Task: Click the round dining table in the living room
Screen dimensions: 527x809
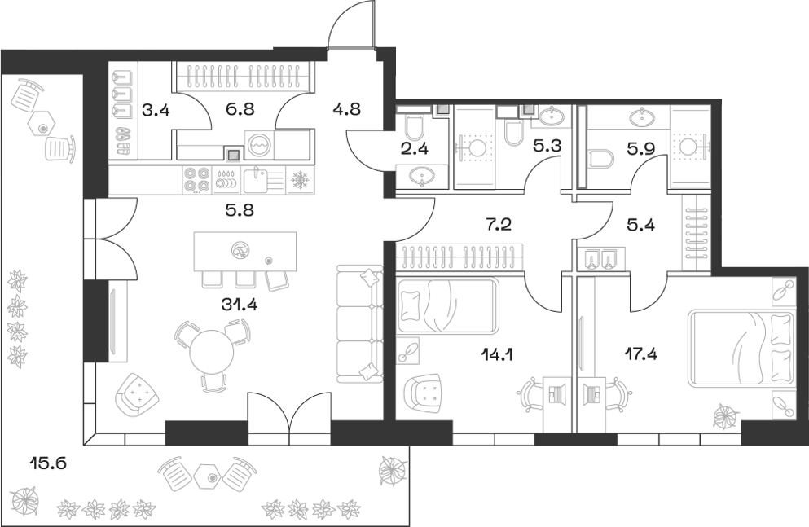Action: point(213,353)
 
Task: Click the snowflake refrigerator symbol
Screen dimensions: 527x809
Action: point(299,179)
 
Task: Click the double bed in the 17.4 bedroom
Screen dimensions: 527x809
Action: point(740,347)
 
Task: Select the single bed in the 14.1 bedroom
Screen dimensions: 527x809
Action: point(447,305)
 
